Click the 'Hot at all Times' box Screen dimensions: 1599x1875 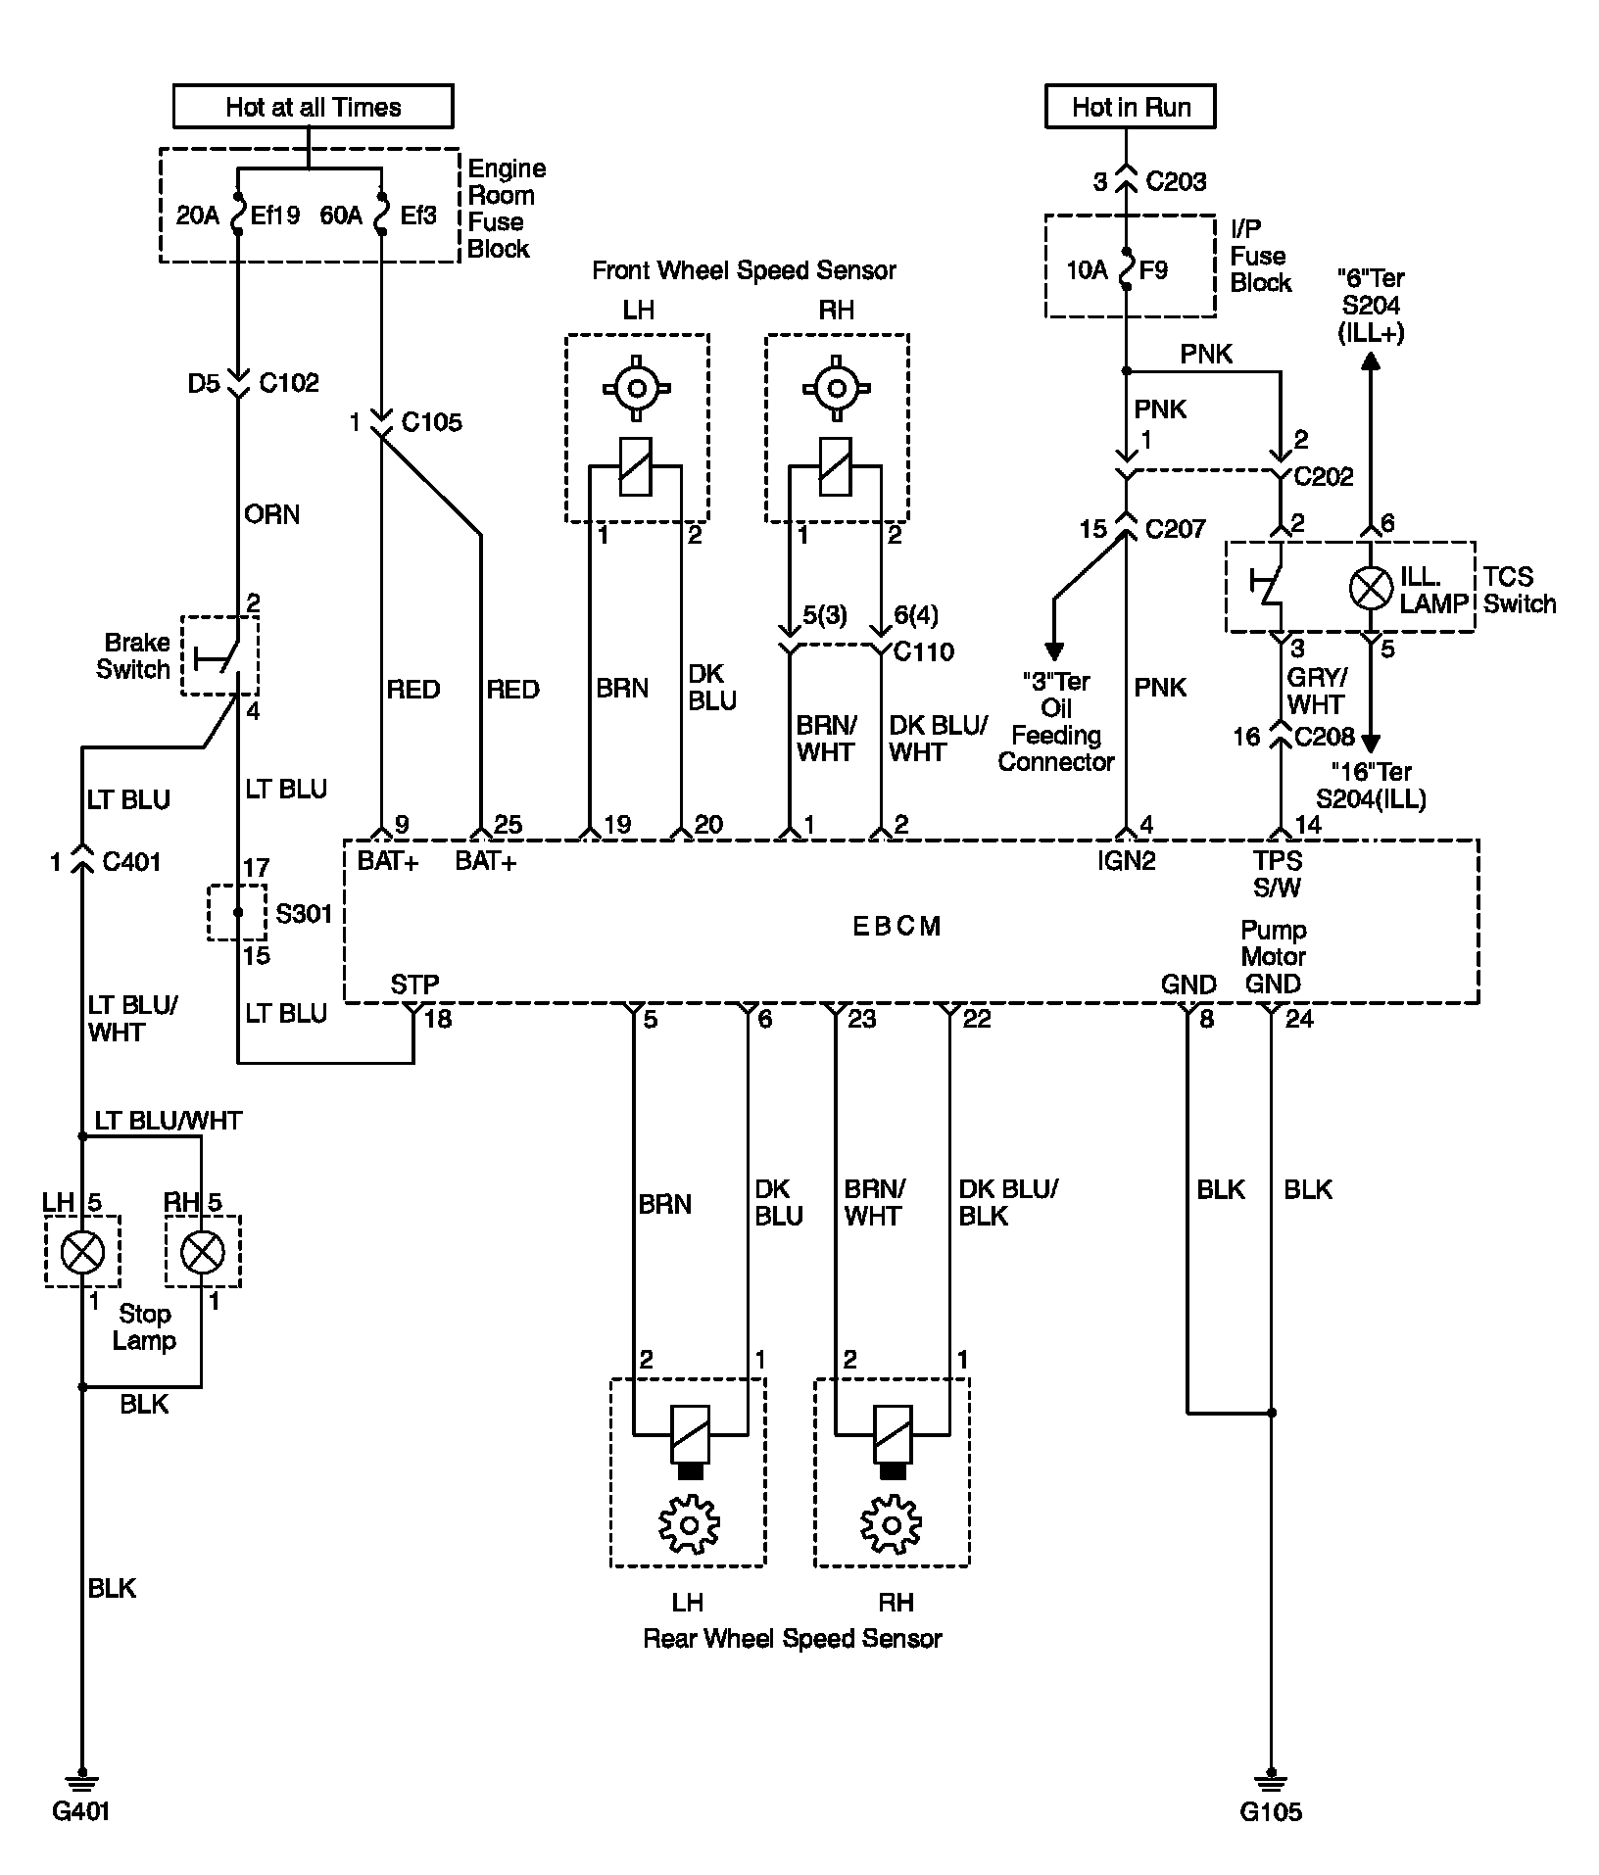point(313,106)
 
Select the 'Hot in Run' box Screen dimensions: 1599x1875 point(1131,106)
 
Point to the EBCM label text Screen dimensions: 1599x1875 point(896,926)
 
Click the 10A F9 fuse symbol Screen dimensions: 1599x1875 point(1127,268)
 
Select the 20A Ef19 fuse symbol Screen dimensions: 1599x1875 point(238,214)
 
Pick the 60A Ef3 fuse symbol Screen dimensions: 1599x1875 point(380,214)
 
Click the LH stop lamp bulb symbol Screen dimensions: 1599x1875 point(82,1251)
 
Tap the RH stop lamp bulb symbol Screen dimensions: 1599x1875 point(203,1251)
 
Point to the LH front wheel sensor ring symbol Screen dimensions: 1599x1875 point(637,389)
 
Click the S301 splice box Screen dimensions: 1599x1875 point(237,912)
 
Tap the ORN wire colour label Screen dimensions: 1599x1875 point(271,514)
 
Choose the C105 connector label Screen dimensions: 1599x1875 point(431,422)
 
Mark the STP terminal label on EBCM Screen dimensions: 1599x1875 point(414,984)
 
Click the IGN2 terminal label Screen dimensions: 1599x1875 point(1127,860)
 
